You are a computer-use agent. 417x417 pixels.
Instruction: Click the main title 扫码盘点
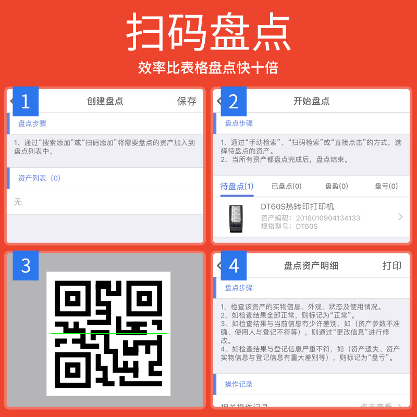(208, 32)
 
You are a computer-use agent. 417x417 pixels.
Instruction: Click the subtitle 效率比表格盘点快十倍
(208, 68)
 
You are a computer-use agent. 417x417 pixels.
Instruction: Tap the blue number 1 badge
(26, 101)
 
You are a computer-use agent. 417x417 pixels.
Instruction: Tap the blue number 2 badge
(234, 101)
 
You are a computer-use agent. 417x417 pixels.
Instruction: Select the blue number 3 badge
(26, 266)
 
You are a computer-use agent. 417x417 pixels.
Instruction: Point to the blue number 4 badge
(234, 266)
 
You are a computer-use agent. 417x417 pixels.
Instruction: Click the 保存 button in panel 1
(187, 101)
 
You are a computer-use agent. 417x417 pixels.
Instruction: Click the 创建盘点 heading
(105, 101)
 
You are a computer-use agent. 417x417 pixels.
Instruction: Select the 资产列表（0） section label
(40, 178)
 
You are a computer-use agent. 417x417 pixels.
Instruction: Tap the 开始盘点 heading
(312, 101)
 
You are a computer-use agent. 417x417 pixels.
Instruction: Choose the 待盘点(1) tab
(237, 186)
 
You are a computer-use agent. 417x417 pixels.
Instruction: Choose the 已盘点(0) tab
(287, 186)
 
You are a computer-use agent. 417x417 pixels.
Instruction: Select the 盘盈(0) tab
(336, 186)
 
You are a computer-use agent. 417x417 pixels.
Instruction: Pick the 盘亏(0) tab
(386, 186)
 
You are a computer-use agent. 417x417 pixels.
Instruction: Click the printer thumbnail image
(236, 218)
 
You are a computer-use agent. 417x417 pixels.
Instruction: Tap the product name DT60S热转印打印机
(297, 207)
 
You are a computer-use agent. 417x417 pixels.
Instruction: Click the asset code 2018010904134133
(328, 218)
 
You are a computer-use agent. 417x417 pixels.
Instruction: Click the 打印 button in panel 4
(392, 266)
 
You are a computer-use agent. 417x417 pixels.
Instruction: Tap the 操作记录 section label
(239, 384)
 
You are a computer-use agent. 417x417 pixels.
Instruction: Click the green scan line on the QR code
(109, 333)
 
